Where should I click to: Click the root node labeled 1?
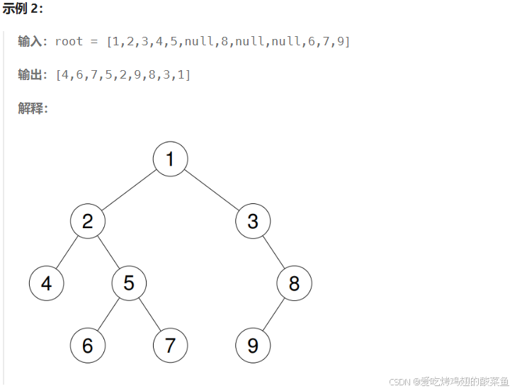click(x=170, y=159)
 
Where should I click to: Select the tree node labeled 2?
click(x=87, y=221)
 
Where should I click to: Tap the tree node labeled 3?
click(x=253, y=221)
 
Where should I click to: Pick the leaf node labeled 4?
click(x=46, y=283)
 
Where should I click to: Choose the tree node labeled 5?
click(x=129, y=283)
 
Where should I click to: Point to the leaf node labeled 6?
click(x=87, y=346)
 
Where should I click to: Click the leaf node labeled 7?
click(x=170, y=346)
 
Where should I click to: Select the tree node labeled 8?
click(x=294, y=283)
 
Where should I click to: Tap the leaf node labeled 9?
click(x=253, y=346)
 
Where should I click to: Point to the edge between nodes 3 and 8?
click(x=273, y=252)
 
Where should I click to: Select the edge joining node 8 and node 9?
click(x=273, y=314)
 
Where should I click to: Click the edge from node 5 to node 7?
click(x=149, y=314)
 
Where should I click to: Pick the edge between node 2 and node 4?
click(x=67, y=252)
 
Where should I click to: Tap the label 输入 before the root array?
click(x=30, y=41)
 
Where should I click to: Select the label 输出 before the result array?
click(x=30, y=74)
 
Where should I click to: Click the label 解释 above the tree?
click(x=30, y=108)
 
